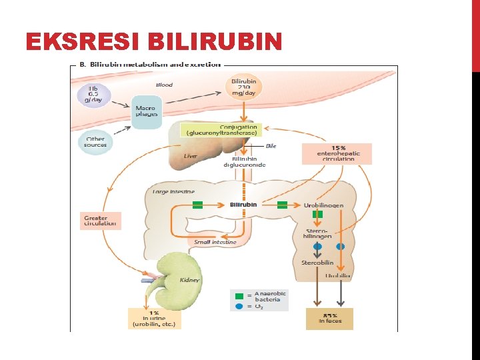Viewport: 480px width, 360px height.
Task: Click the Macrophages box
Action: (147, 111)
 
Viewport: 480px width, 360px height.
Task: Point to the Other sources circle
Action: (95, 142)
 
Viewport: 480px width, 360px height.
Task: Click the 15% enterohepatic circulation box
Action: (337, 153)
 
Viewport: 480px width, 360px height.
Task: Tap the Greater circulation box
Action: (99, 221)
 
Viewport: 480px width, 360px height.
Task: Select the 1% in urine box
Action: (154, 319)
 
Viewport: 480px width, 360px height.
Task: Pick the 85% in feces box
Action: (329, 319)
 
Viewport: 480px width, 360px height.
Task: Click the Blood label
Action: (164, 85)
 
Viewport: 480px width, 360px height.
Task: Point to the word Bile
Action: (271, 145)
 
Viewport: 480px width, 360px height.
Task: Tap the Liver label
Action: (191, 156)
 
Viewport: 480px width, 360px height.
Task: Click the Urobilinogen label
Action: (323, 205)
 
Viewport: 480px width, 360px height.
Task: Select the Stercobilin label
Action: (317, 262)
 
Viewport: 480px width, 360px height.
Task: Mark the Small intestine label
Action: (215, 242)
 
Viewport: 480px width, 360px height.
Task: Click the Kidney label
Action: (190, 280)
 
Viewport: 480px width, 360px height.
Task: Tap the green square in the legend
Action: (239, 295)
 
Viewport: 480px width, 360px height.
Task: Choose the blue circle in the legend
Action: (239, 306)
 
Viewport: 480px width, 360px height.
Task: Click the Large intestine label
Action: (173, 191)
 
